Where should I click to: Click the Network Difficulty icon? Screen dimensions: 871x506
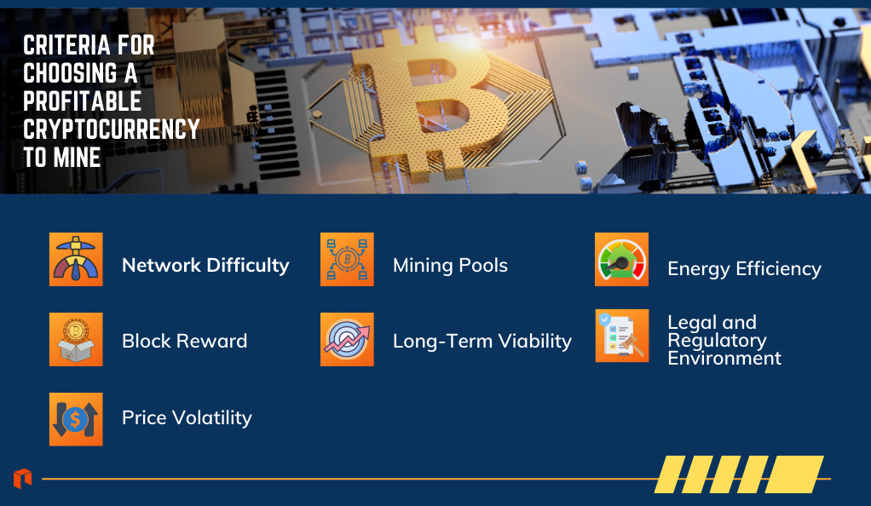(x=76, y=259)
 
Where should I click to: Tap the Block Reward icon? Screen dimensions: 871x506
(x=76, y=339)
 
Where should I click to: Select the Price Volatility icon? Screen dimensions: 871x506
(x=76, y=419)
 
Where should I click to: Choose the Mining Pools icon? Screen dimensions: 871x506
(x=347, y=259)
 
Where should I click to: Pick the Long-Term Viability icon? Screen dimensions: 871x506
(x=347, y=339)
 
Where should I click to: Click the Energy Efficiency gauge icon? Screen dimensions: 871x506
(x=621, y=259)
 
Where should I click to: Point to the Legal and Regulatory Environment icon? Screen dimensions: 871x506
(x=622, y=336)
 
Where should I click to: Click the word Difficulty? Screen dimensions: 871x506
(x=248, y=266)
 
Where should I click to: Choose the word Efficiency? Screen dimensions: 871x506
(x=779, y=269)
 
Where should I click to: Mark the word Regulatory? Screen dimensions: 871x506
(x=717, y=341)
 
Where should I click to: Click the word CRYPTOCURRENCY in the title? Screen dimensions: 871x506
(x=111, y=129)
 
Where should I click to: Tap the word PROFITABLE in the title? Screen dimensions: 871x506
(x=82, y=101)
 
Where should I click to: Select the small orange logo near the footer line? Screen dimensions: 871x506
(x=23, y=478)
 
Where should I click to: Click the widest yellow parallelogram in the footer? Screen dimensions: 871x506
(x=795, y=474)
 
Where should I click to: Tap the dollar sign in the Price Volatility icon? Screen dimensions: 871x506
(x=75, y=419)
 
